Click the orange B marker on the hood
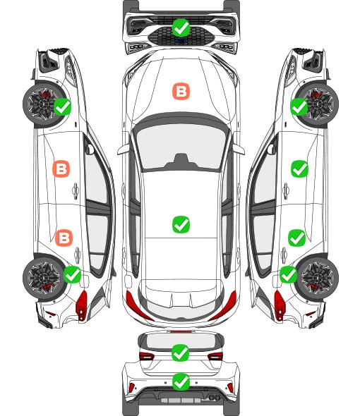181,92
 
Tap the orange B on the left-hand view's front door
61,169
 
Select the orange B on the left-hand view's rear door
64,238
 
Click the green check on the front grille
181,27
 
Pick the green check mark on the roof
181,224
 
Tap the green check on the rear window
181,353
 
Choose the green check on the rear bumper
181,382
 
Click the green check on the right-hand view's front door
300,169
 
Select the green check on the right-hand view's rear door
297,238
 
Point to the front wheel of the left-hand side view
42,104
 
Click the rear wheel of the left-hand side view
42,278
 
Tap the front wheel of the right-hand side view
318,104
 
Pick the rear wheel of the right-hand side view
318,278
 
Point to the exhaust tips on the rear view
214,397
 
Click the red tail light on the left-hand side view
82,305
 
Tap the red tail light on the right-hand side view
279,305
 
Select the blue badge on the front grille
181,41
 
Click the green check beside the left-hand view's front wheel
62,106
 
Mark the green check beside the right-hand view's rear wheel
288,274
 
